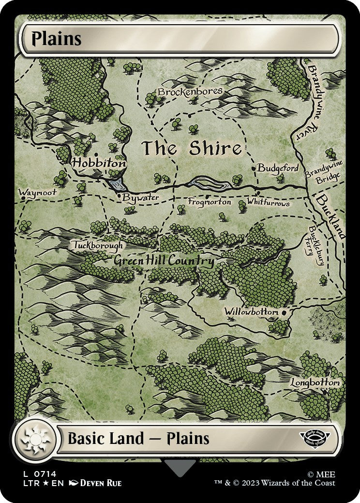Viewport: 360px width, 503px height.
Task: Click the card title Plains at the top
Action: click(x=56, y=39)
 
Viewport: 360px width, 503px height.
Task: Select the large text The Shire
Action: click(x=191, y=149)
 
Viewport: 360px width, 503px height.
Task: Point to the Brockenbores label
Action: click(x=190, y=91)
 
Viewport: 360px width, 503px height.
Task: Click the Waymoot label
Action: click(x=37, y=192)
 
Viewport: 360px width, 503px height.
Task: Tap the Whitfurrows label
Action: click(x=268, y=202)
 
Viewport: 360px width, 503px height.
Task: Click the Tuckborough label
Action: click(x=98, y=245)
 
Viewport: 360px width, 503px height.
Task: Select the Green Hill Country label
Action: click(x=164, y=261)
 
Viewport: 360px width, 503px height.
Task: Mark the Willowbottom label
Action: click(x=251, y=312)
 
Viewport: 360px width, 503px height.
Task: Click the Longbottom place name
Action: click(x=315, y=382)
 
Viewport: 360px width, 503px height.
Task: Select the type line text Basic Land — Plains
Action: click(x=138, y=439)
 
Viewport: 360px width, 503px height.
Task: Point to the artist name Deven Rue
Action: click(x=101, y=483)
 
